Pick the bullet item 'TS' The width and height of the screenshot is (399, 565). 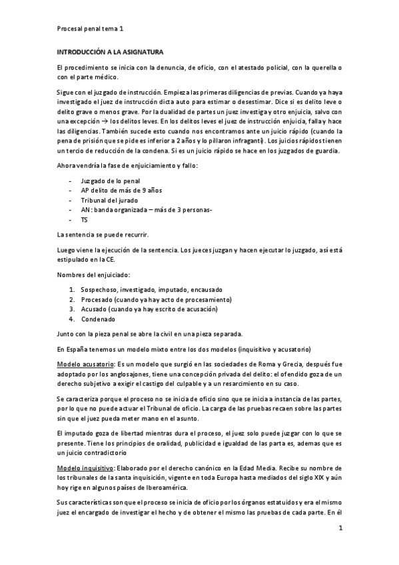85,219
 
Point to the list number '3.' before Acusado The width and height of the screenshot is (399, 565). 72,309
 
